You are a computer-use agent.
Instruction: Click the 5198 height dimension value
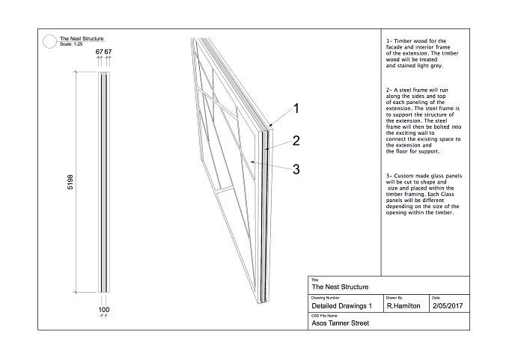click(70, 182)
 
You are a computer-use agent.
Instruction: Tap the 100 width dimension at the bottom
click(104, 310)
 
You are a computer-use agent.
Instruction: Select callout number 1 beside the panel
click(296, 109)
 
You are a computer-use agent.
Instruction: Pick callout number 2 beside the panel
click(296, 141)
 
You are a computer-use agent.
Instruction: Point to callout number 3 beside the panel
click(296, 169)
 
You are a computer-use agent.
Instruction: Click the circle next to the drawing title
click(49, 42)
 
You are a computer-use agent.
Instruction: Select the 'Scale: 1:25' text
click(71, 44)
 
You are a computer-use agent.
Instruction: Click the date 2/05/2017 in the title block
click(448, 306)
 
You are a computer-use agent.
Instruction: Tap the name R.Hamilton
click(403, 306)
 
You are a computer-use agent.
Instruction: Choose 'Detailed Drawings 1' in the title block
click(341, 306)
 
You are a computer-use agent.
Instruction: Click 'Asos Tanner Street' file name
click(340, 323)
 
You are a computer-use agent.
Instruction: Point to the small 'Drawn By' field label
click(394, 298)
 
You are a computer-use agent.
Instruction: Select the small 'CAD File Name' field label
click(324, 316)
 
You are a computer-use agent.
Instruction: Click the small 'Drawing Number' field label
click(326, 298)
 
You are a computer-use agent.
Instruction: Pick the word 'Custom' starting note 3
click(403, 176)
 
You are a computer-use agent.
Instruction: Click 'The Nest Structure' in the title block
click(340, 287)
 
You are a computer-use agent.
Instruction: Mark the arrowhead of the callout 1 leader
click(270, 126)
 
